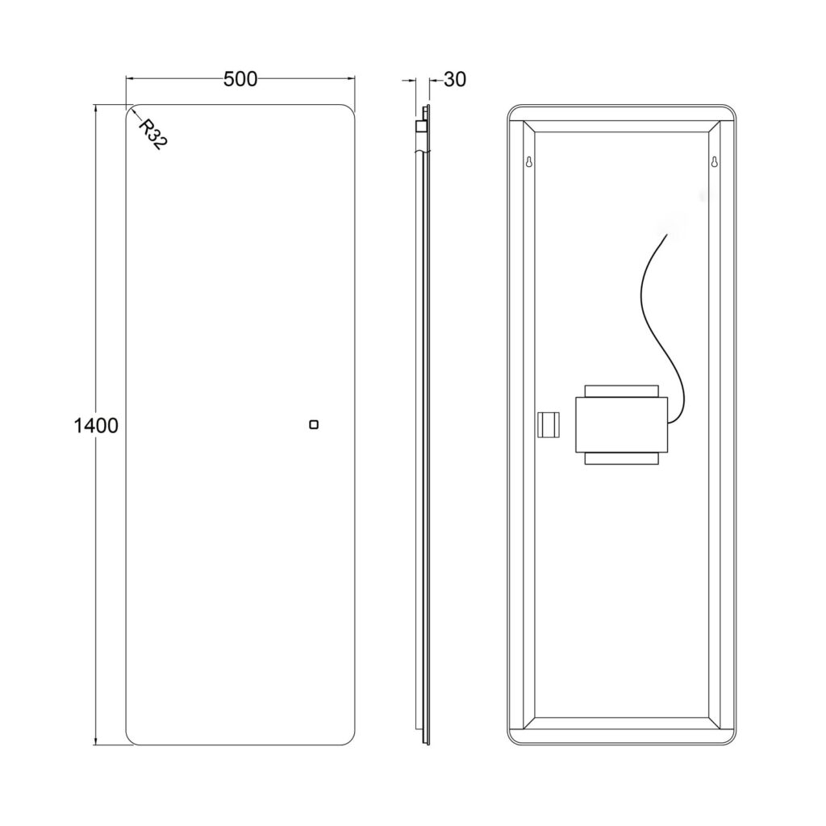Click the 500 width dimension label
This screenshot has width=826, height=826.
240,79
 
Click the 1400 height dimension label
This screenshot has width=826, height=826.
96,425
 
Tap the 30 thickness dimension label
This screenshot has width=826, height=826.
455,80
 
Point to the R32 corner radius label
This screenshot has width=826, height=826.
152,135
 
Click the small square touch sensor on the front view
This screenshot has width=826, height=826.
314,424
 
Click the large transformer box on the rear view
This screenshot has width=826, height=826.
622,424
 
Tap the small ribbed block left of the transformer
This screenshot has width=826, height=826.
549,424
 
